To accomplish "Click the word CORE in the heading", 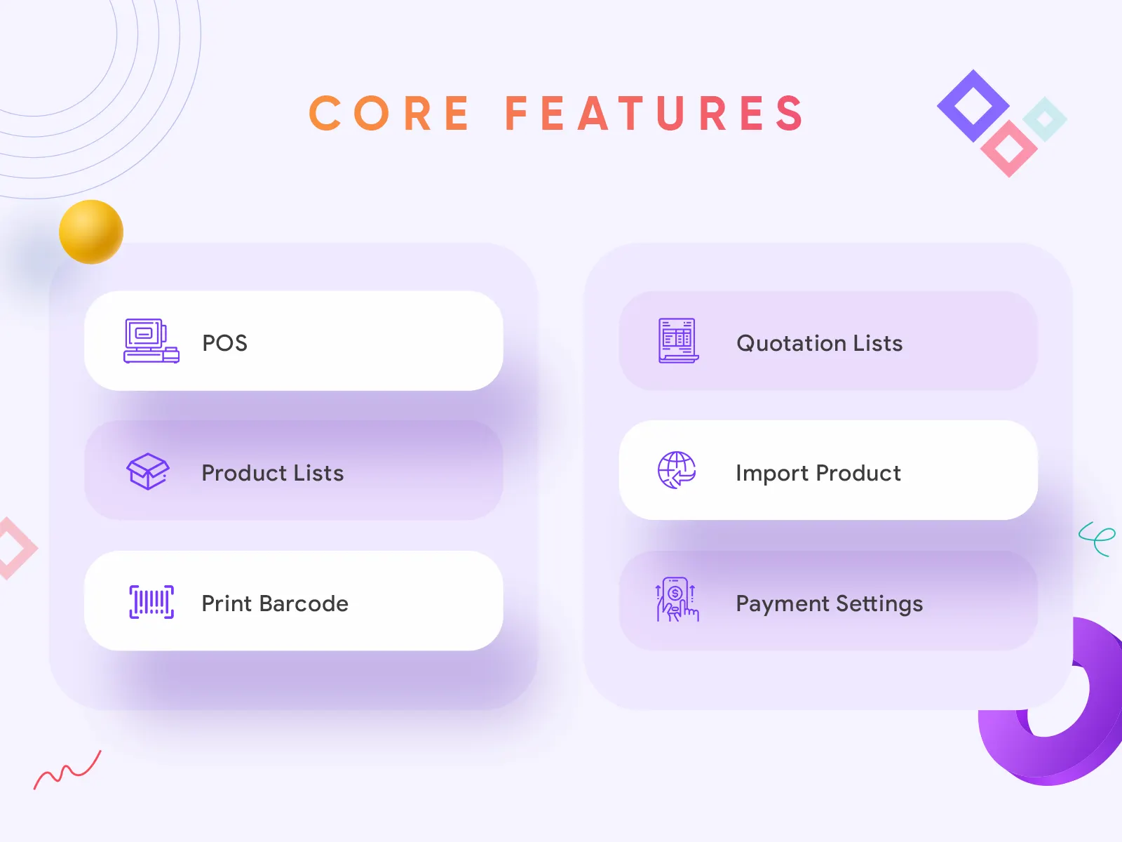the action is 389,113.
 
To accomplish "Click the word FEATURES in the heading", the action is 654,113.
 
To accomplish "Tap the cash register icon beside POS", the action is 151,340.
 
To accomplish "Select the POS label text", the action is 225,343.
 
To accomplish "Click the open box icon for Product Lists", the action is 148,472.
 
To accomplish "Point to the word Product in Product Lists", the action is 244,473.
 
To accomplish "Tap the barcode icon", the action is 151,602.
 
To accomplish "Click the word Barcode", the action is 304,603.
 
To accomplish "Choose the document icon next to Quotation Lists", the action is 678,340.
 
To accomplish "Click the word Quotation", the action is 791,343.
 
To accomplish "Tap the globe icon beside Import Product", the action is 677,470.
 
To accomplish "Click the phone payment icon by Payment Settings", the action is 677,600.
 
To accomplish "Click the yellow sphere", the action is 91,232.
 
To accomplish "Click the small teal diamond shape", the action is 1045,119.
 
